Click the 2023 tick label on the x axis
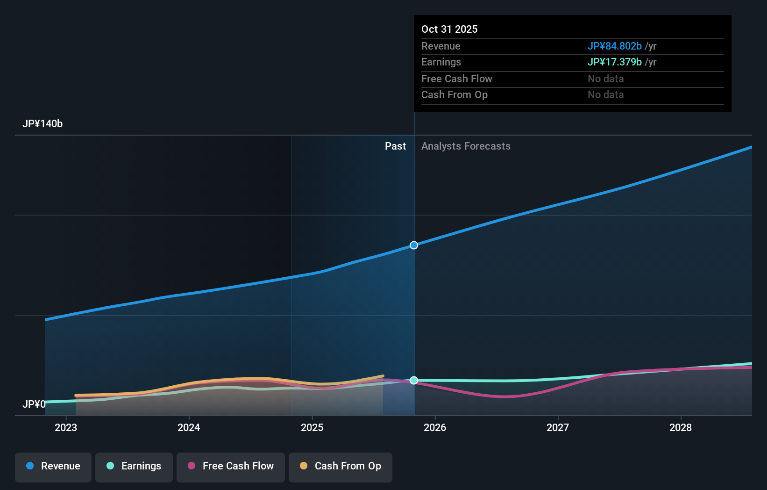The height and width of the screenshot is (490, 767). point(66,427)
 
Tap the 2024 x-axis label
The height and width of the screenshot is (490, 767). point(189,427)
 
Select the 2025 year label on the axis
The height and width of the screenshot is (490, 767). point(312,427)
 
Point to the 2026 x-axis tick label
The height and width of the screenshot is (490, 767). point(435,427)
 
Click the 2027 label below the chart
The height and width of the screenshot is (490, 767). point(558,427)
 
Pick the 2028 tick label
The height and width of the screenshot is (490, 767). point(681,427)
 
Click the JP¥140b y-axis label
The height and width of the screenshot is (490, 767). point(43,124)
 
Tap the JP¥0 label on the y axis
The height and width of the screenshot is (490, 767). point(34,404)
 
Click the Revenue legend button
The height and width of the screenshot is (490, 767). point(53,466)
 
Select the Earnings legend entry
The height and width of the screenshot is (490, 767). point(134,466)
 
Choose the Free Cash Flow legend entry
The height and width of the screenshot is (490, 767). point(231,466)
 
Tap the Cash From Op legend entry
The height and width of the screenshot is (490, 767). point(341,466)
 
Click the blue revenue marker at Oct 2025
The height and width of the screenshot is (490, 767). point(414,245)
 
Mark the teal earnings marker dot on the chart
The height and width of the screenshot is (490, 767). point(414,381)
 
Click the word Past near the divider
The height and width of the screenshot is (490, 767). point(395,146)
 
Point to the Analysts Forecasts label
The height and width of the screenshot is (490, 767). point(466,146)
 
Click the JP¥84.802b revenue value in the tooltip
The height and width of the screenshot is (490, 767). point(614,46)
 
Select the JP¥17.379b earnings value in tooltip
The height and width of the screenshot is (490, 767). point(614,62)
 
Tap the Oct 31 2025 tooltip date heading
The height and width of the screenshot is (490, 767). point(449,29)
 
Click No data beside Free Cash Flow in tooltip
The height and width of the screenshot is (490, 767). point(605,79)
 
